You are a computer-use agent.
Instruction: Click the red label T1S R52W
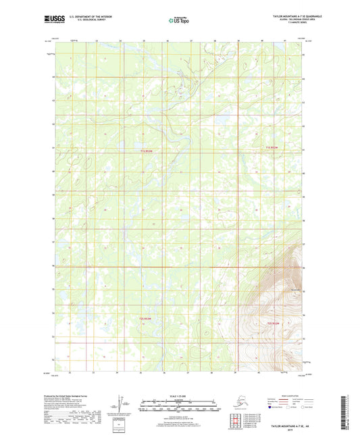pyautogui.click(x=271, y=147)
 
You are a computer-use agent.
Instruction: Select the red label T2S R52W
pyautogui.click(x=274, y=325)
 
